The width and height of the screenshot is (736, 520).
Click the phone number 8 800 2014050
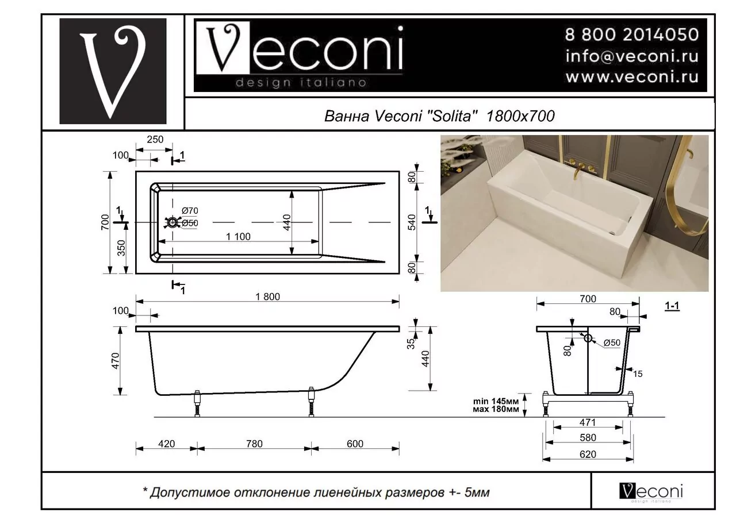(631, 35)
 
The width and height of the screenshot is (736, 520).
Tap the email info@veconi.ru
(631, 56)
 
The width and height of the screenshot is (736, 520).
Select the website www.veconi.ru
(631, 76)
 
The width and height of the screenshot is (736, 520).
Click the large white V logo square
(113, 71)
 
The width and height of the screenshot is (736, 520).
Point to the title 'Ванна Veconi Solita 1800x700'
(439, 116)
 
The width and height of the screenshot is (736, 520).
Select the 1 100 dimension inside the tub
(237, 237)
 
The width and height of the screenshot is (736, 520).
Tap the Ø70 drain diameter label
(190, 211)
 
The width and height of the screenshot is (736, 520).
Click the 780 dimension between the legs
(254, 444)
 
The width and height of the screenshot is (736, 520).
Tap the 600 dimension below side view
(355, 444)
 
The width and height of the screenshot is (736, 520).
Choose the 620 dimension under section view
(588, 454)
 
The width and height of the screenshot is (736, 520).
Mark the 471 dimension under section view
(588, 422)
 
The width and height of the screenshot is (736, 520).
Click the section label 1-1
(672, 307)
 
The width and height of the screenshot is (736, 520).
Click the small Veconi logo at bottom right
(651, 491)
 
